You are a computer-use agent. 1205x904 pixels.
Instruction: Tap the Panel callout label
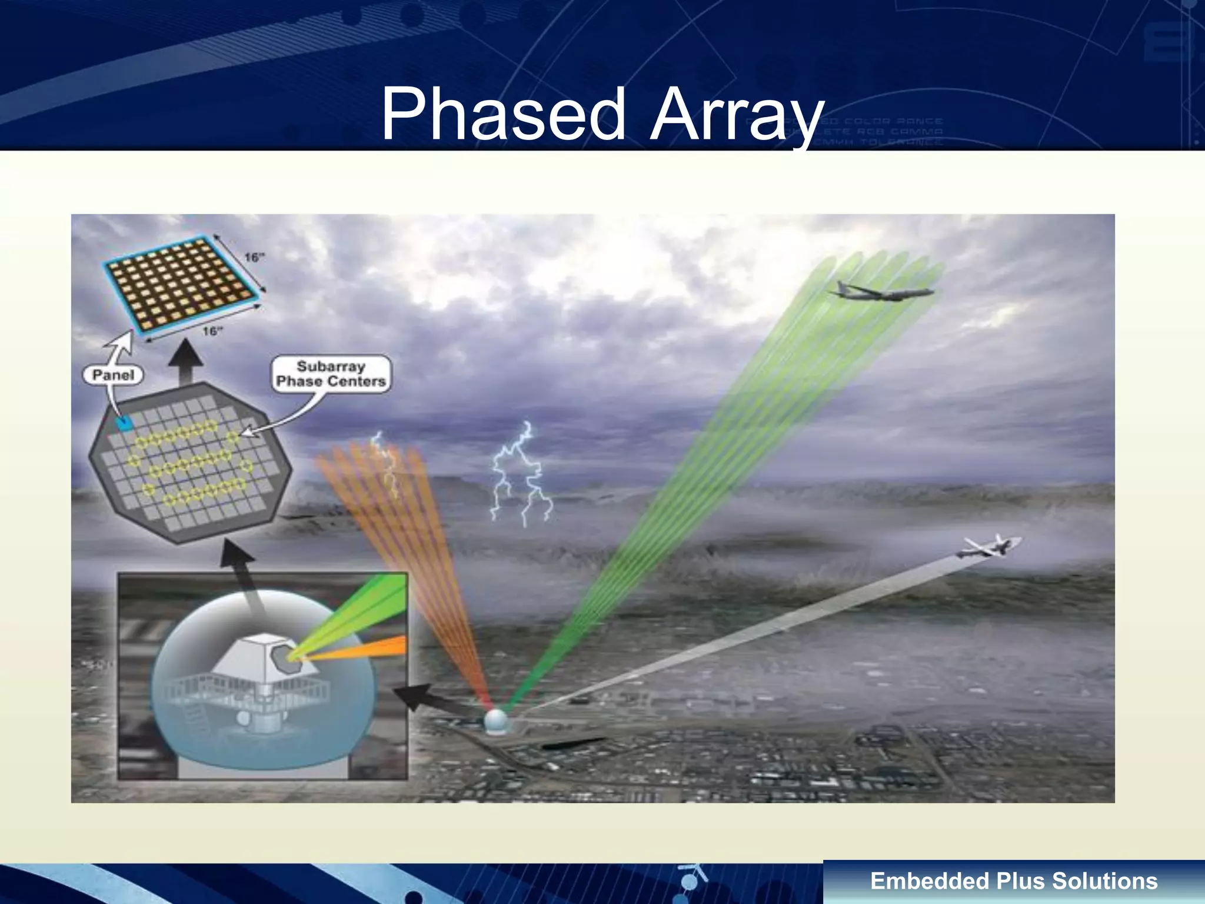[113, 375]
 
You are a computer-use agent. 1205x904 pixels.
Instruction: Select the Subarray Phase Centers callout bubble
[331, 374]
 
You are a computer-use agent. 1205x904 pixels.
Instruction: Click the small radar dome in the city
[496, 721]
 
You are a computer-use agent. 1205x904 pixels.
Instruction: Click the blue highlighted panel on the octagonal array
[124, 422]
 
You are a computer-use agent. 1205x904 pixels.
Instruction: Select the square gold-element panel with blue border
[184, 285]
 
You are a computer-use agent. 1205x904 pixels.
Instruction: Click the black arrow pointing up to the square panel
[187, 360]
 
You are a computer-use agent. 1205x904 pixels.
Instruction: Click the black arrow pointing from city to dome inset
[432, 700]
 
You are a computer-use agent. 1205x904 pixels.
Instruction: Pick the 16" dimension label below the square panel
[212, 331]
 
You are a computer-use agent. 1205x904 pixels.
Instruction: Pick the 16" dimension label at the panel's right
[254, 257]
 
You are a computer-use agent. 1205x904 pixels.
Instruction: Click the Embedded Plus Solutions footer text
[1013, 881]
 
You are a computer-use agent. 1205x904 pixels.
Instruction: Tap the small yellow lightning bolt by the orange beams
[385, 465]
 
